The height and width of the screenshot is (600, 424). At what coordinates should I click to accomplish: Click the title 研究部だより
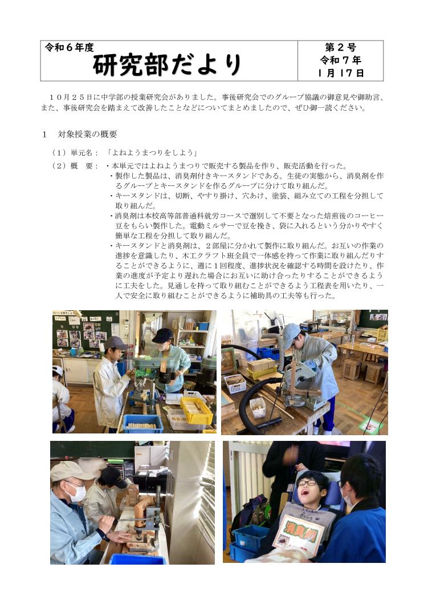tap(167, 64)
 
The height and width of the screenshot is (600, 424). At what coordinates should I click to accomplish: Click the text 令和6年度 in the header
tap(69, 47)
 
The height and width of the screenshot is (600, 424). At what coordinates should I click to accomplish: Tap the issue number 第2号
tap(340, 47)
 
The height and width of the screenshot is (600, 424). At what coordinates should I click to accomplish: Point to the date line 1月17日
tap(340, 72)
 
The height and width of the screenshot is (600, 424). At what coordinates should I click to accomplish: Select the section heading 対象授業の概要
tap(88, 134)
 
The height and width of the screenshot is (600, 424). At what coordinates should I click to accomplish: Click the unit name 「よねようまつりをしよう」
tap(152, 153)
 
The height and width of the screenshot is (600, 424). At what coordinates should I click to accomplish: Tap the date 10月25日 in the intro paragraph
tap(72, 98)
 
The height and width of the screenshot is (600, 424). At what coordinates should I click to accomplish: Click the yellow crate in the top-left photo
tap(196, 411)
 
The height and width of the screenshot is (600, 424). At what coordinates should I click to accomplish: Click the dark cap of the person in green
tap(162, 335)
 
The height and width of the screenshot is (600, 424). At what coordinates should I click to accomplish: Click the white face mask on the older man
tap(77, 493)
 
